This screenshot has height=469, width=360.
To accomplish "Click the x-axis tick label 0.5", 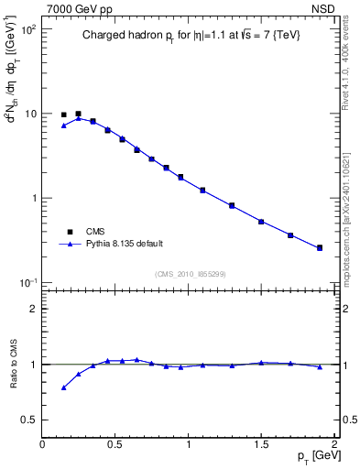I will [x=115, y=444].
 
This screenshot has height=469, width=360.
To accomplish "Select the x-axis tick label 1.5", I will [x=261, y=444].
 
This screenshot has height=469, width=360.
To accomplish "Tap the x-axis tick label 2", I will [x=334, y=444].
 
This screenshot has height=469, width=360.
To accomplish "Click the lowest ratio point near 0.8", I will [x=63, y=387].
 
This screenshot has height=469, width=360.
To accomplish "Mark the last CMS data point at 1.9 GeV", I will [x=320, y=247].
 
